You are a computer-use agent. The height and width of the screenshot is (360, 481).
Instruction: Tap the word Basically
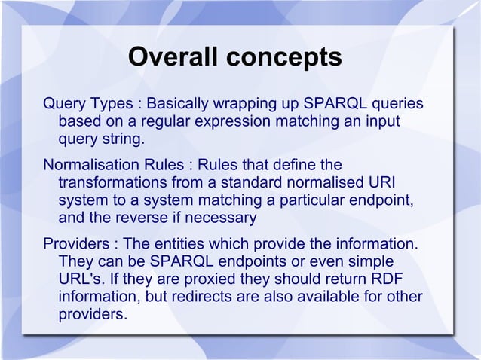pyautogui.click(x=185, y=103)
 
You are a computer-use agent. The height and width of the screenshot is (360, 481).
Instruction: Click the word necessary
pyautogui.click(x=223, y=219)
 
